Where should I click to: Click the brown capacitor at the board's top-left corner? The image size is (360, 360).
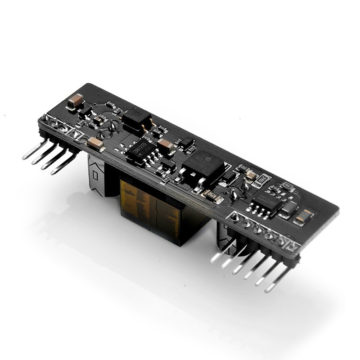75,100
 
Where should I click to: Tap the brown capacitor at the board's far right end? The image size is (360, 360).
305,216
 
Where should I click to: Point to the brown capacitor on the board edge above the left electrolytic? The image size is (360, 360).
96,144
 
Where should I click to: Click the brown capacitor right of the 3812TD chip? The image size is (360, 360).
166,144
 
